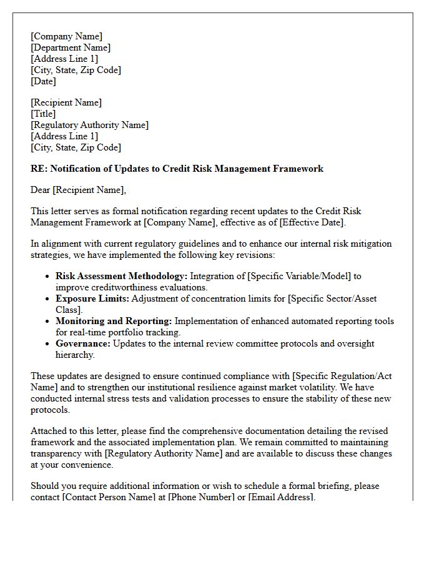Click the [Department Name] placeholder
pos(71,47)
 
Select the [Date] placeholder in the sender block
pos(43,81)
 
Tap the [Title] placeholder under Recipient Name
pos(43,114)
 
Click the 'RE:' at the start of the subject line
pos(39,169)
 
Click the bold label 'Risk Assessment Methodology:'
pos(121,276)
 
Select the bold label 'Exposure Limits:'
pos(92,298)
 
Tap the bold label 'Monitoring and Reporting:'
pos(114,321)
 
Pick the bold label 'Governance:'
pos(82,343)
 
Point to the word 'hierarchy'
pos(74,355)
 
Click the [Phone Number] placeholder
pos(202,497)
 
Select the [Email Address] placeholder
pos(280,497)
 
